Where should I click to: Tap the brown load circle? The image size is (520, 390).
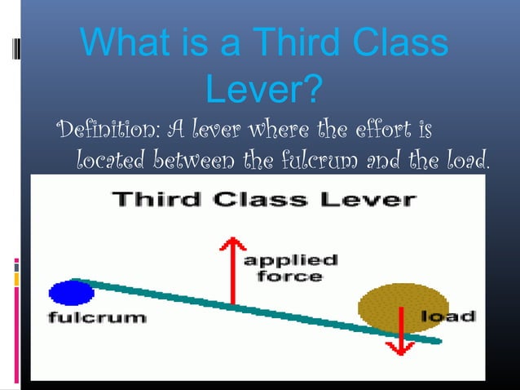point(392,308)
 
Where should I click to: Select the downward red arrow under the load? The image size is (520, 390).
point(399,335)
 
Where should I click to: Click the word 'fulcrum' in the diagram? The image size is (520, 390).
point(96,317)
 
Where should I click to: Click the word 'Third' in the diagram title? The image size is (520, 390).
point(152,198)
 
